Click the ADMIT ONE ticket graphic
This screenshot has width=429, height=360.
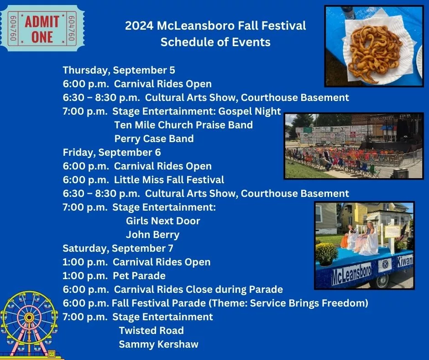(x=42, y=28)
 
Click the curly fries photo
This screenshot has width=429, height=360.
(x=374, y=46)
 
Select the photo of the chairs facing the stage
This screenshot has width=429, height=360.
(x=354, y=146)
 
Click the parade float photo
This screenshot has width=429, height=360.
(x=364, y=245)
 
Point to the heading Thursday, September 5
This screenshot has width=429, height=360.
(x=119, y=70)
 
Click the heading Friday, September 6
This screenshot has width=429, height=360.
(x=112, y=152)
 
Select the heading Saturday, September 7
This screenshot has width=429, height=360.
(x=118, y=248)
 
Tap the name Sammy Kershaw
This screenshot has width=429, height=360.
(x=158, y=344)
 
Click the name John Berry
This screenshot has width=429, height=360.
(x=152, y=235)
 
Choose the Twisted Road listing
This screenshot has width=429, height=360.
(x=151, y=330)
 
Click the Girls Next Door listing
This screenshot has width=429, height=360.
(x=163, y=221)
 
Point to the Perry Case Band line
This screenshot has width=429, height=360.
(x=154, y=138)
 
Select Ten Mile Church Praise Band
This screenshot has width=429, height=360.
(x=183, y=125)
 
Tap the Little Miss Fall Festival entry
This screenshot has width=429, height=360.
(x=169, y=180)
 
